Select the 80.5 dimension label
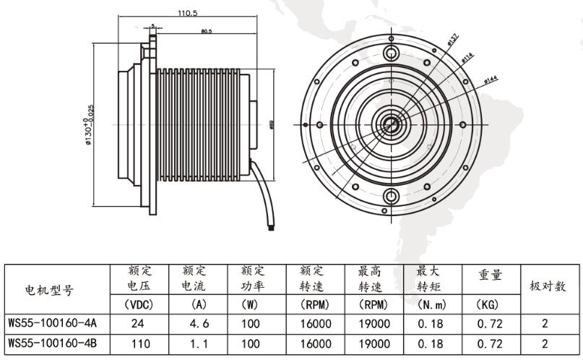pos(207,31)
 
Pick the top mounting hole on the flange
pos(391,53)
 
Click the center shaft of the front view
pos(391,124)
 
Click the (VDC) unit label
pos(137,305)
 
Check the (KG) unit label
pos(490,305)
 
